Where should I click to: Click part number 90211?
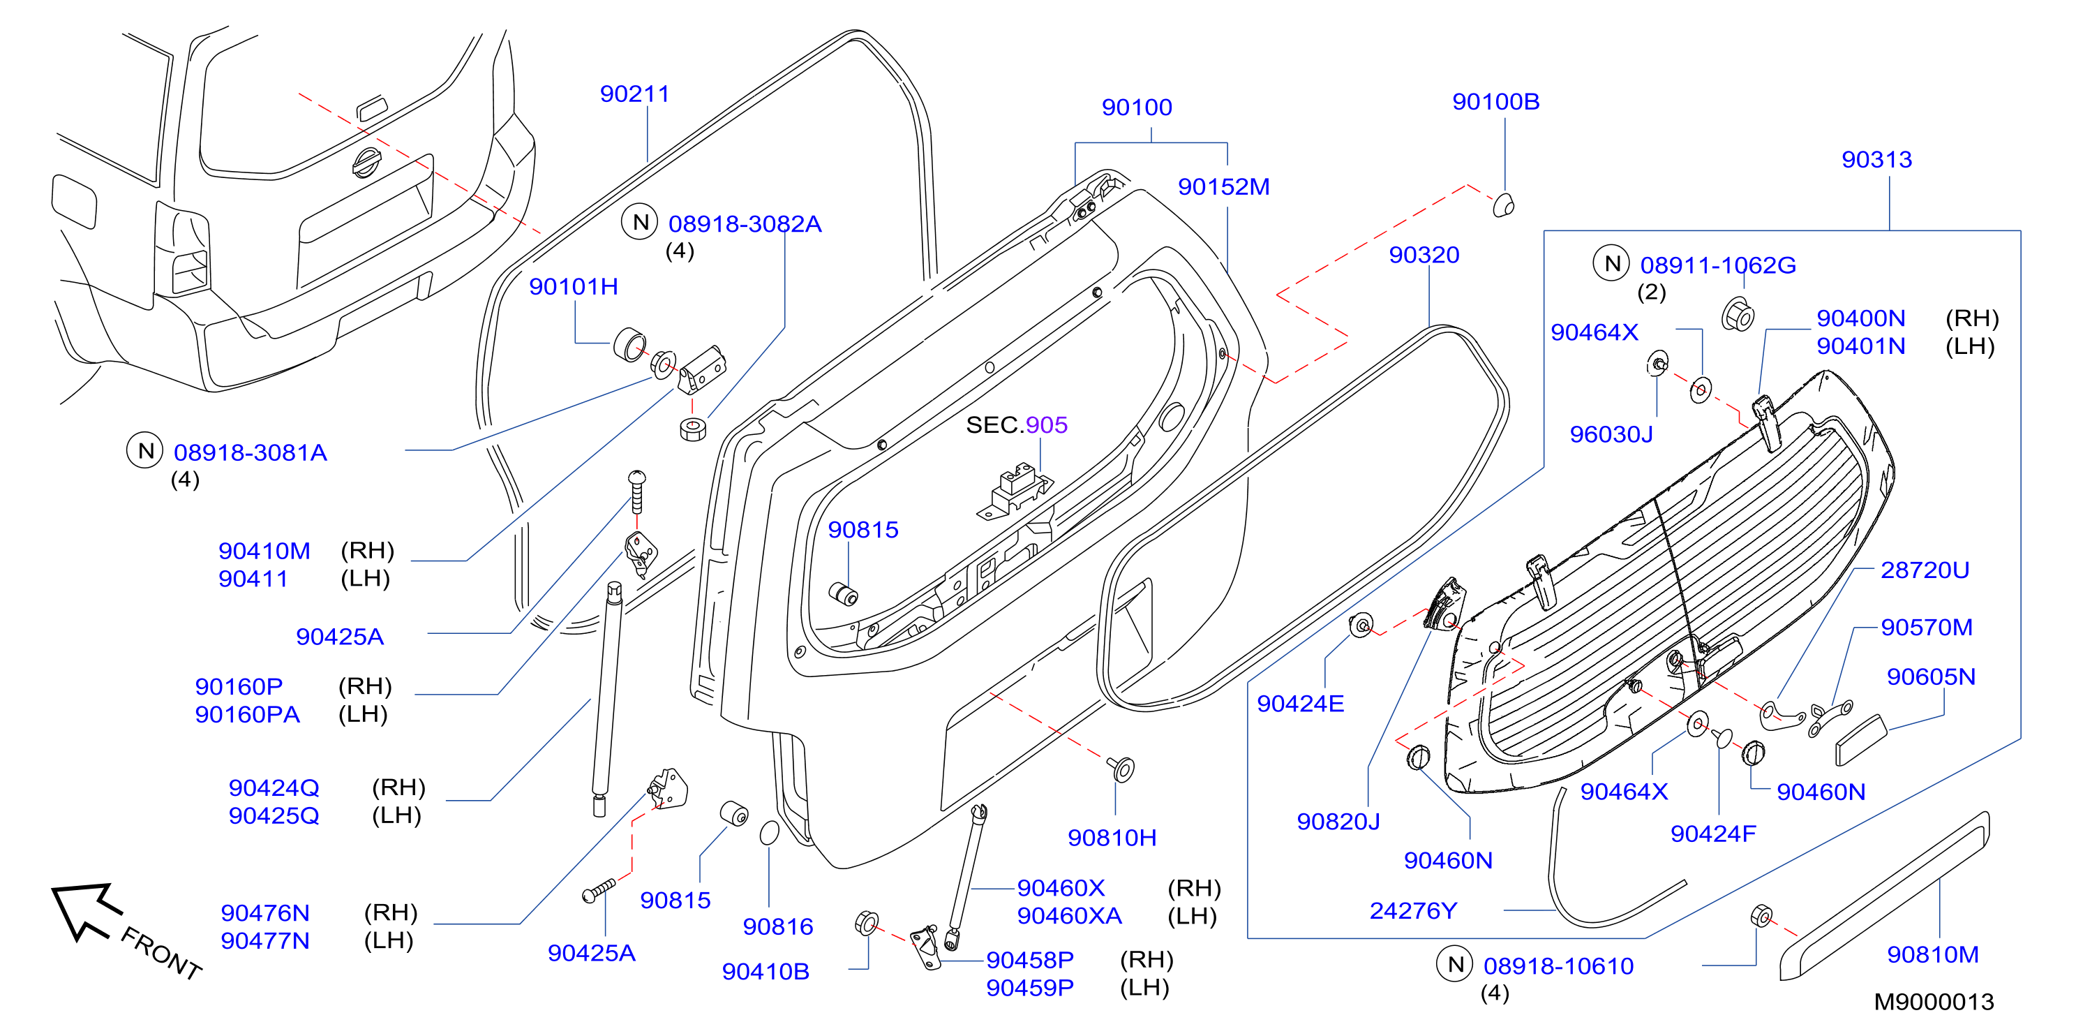(x=634, y=94)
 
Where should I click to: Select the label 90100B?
(x=1495, y=103)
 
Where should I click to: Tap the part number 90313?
(x=1876, y=160)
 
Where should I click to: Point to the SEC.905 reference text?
(x=1016, y=425)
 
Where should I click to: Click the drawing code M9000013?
(x=1934, y=1002)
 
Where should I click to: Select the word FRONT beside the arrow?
(x=161, y=953)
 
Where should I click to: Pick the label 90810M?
(x=1932, y=954)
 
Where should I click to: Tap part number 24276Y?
(x=1414, y=911)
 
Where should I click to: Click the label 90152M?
(x=1223, y=187)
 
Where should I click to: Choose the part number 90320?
(x=1424, y=255)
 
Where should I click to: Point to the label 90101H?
(x=573, y=286)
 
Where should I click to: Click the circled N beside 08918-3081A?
(x=145, y=451)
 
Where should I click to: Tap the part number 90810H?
(x=1112, y=838)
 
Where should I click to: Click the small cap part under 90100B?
(x=1503, y=205)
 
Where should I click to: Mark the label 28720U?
(x=1925, y=571)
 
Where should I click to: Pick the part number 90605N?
(x=1931, y=677)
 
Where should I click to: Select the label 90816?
(x=777, y=927)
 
